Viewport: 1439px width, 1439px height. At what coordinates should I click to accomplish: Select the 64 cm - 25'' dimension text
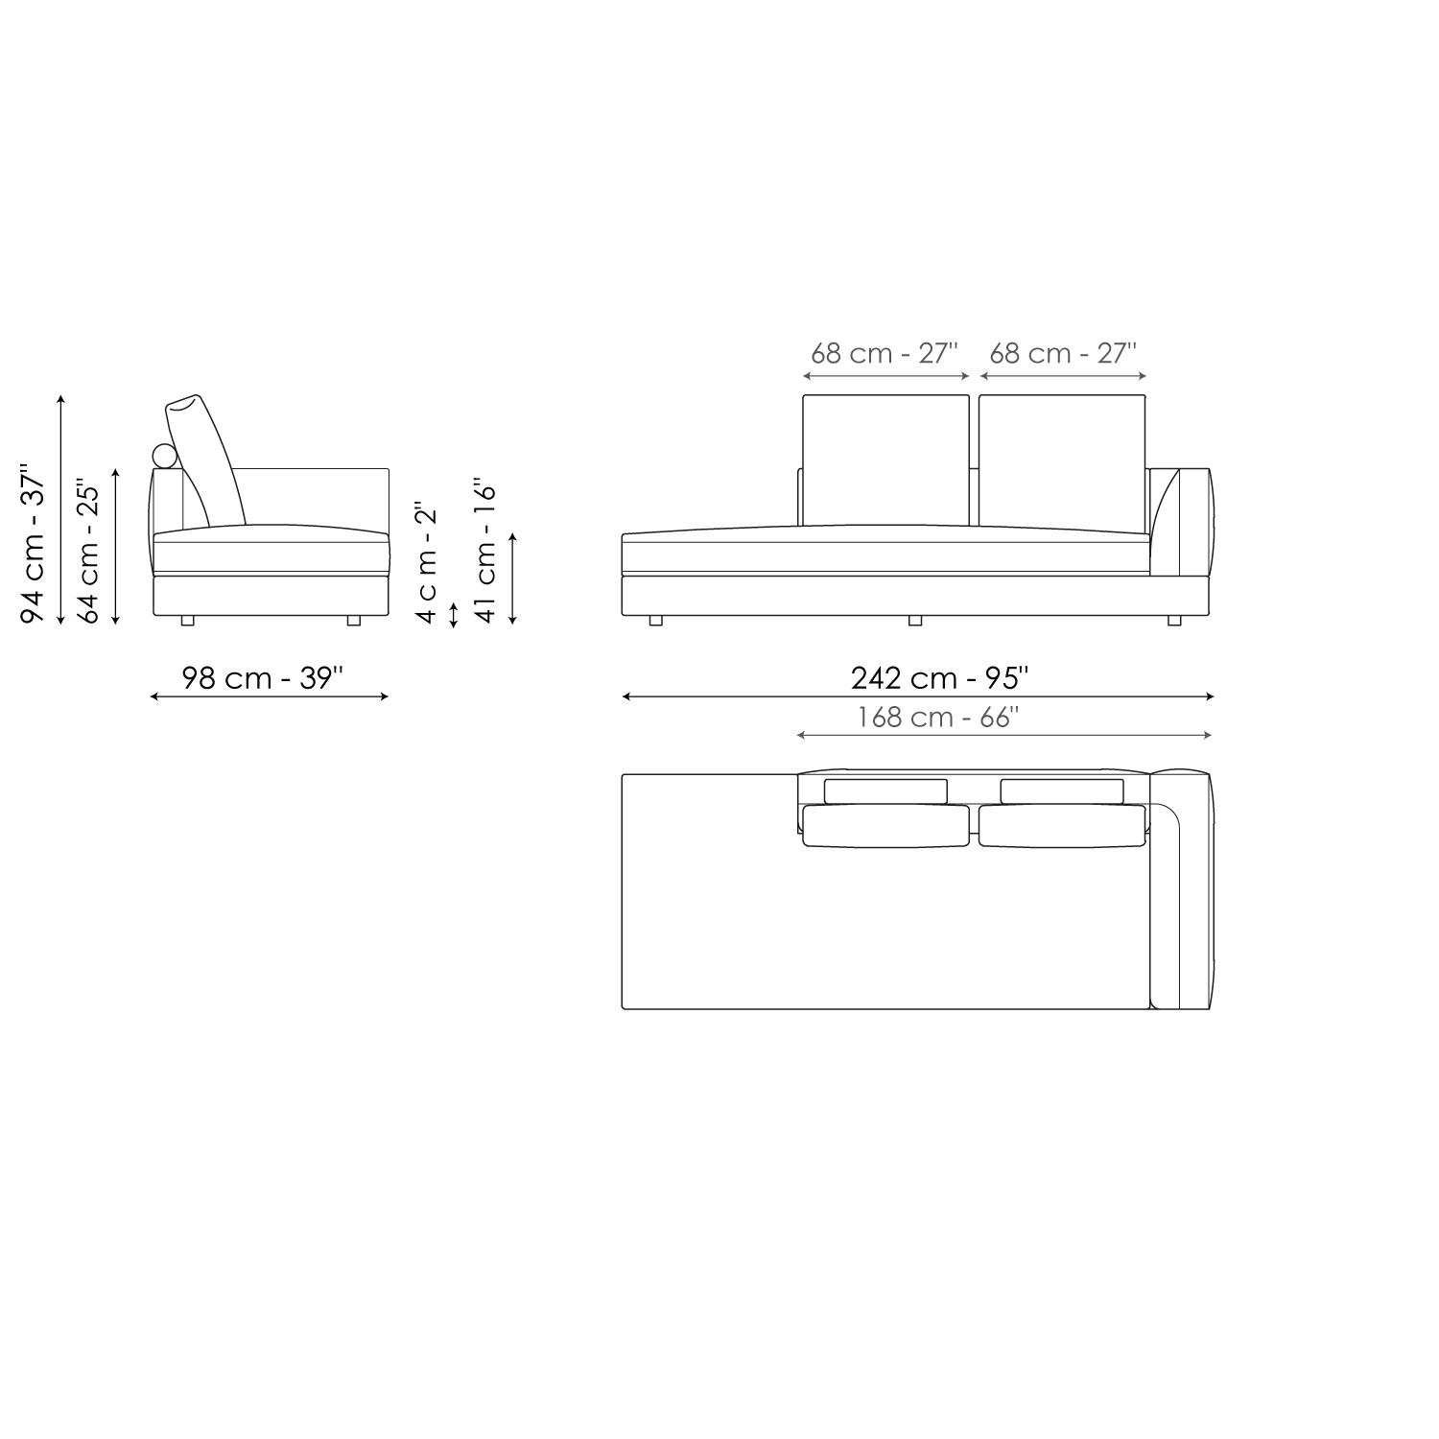point(88,551)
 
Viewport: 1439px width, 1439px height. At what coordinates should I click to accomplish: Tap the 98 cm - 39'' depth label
point(263,678)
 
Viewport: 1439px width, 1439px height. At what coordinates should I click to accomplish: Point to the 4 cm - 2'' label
point(427,562)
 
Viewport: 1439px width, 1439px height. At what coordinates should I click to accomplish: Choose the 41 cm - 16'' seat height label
point(486,551)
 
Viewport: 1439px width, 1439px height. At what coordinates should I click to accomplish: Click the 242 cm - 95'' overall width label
point(939,678)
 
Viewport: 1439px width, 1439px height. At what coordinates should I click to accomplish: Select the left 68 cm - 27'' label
point(885,353)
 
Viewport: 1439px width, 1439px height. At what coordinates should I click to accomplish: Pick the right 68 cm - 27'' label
point(1063,353)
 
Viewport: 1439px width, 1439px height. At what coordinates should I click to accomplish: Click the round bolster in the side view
point(165,457)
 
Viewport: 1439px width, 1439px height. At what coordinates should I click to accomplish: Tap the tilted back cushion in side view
point(205,459)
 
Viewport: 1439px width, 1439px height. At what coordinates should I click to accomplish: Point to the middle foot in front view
point(915,621)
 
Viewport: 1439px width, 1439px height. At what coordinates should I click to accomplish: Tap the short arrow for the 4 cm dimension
point(454,614)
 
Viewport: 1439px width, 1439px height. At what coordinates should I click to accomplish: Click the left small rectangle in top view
point(885,790)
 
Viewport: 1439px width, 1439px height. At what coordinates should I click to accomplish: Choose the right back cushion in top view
point(1062,826)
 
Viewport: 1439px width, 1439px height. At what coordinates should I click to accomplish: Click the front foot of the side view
point(353,621)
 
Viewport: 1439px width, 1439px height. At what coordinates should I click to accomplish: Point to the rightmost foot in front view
point(1174,621)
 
